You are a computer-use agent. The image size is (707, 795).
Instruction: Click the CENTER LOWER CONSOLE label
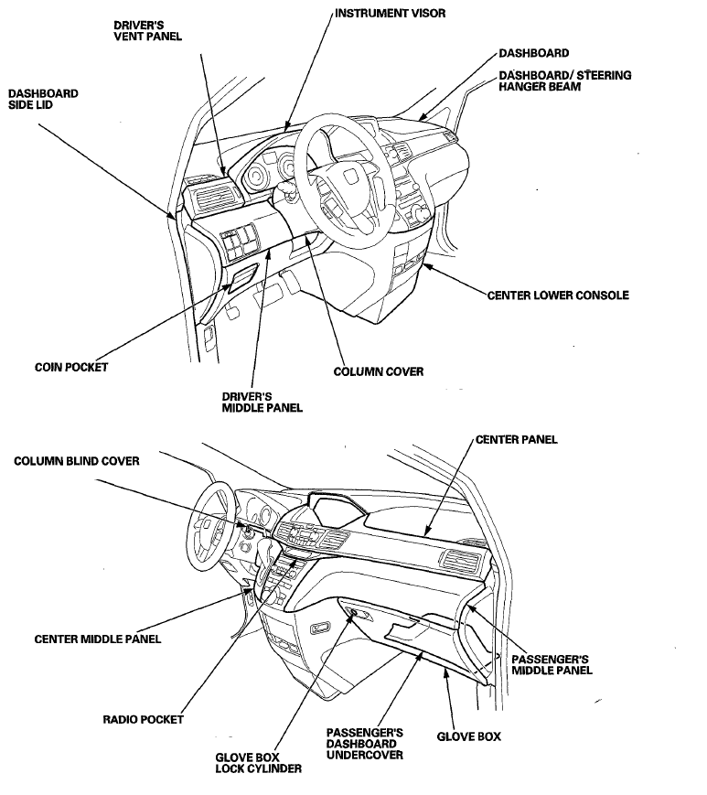(558, 295)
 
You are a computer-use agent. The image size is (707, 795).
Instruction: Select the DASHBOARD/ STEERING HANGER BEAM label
(564, 81)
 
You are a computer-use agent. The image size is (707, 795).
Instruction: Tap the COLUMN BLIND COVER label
(77, 462)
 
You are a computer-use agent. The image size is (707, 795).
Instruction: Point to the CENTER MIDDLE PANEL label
(98, 639)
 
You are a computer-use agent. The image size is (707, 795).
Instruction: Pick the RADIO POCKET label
(143, 719)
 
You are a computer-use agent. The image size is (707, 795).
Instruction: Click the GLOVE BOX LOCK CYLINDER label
(258, 763)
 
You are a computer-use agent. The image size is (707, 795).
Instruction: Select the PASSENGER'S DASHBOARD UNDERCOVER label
(365, 744)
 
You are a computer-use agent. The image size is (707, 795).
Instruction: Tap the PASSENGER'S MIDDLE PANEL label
(552, 664)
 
